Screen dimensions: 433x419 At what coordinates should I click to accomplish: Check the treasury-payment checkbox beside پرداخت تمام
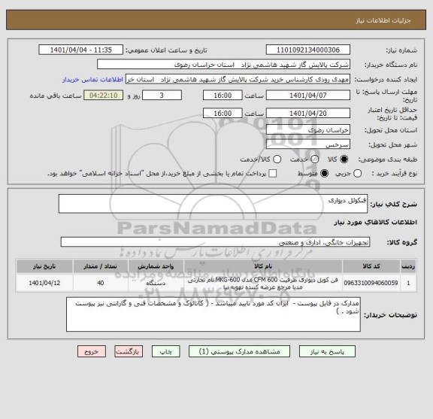[272, 174]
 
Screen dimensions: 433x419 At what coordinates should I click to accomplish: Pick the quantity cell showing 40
[101, 284]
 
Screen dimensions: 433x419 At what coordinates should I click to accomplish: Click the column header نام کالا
[263, 266]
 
